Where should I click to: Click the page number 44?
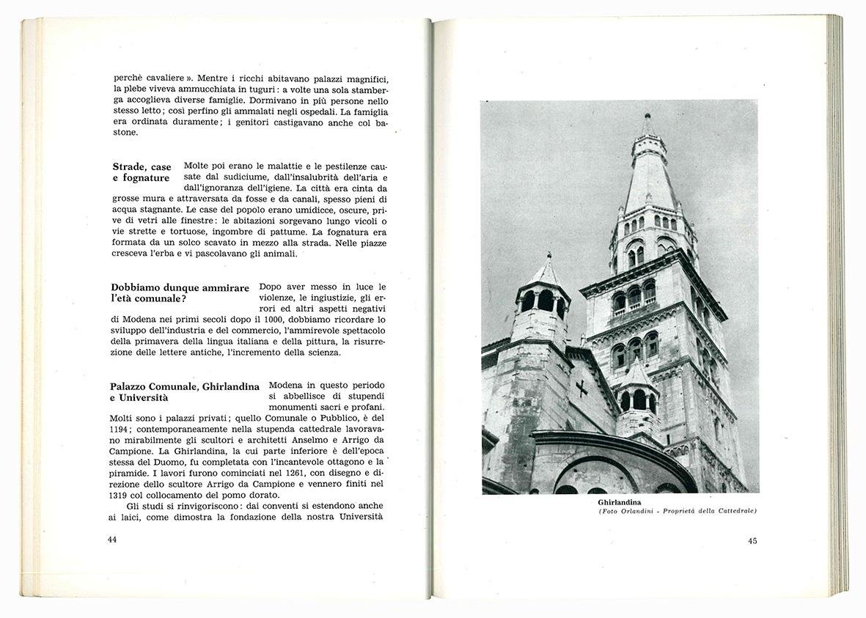(112, 540)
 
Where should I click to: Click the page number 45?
(752, 541)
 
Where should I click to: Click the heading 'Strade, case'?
(142, 166)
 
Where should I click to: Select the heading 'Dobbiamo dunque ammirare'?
(180, 287)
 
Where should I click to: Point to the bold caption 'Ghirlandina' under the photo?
(620, 502)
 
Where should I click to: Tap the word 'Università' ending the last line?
(361, 517)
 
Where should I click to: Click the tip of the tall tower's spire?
(647, 116)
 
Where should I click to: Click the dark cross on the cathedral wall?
(581, 388)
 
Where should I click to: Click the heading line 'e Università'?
(140, 397)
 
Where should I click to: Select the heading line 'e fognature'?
(141, 178)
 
